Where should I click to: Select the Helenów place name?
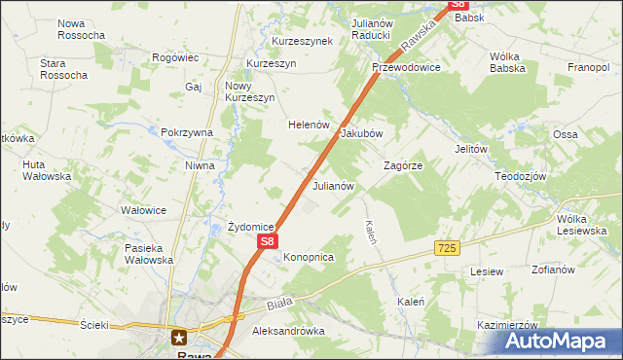tap(310, 126)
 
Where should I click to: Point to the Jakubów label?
tap(361, 133)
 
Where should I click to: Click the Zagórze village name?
tap(402, 165)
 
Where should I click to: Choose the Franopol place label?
tap(588, 67)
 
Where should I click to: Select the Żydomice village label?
tap(250, 227)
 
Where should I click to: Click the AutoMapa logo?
tap(557, 342)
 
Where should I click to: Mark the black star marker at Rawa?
tap(180, 338)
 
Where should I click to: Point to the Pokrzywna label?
tap(187, 132)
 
